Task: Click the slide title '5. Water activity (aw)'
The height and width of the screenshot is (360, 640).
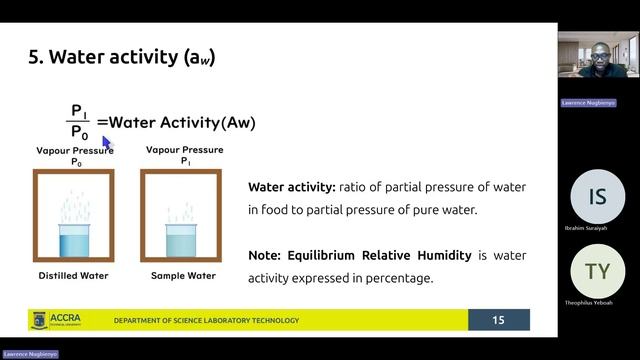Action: tap(121, 58)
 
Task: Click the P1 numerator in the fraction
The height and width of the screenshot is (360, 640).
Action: tap(80, 110)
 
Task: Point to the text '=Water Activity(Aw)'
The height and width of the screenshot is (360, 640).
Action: tap(176, 123)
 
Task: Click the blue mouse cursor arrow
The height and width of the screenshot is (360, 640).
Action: tap(108, 145)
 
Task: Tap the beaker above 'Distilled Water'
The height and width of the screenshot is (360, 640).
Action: tap(73, 240)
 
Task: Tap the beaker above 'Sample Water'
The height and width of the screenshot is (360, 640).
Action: tap(180, 241)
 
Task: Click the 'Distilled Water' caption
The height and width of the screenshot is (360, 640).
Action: tap(73, 275)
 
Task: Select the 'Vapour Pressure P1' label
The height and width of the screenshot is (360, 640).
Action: tap(184, 155)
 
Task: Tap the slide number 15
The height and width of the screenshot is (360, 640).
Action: tap(499, 320)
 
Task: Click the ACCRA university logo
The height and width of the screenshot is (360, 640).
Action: tap(67, 320)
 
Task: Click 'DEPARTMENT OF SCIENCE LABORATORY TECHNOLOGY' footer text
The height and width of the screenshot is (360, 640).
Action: tap(206, 321)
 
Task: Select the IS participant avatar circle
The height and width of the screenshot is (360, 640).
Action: tap(597, 197)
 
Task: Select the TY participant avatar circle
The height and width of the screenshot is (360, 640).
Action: tap(597, 271)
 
